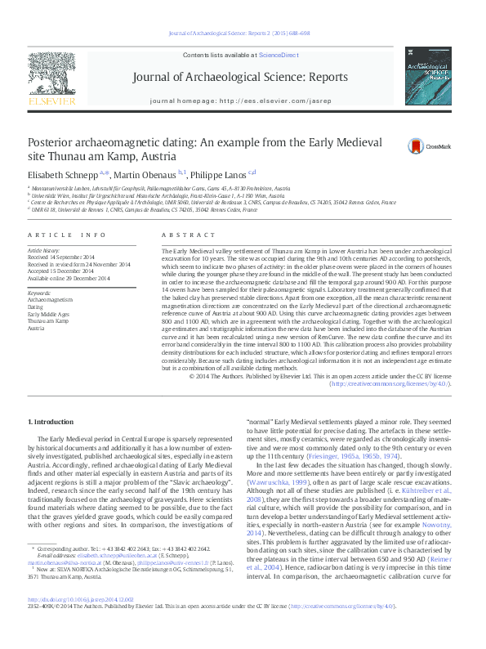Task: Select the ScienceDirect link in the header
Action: coord(279,55)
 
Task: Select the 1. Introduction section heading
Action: coord(51,421)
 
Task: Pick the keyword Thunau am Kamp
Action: coord(48,320)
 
